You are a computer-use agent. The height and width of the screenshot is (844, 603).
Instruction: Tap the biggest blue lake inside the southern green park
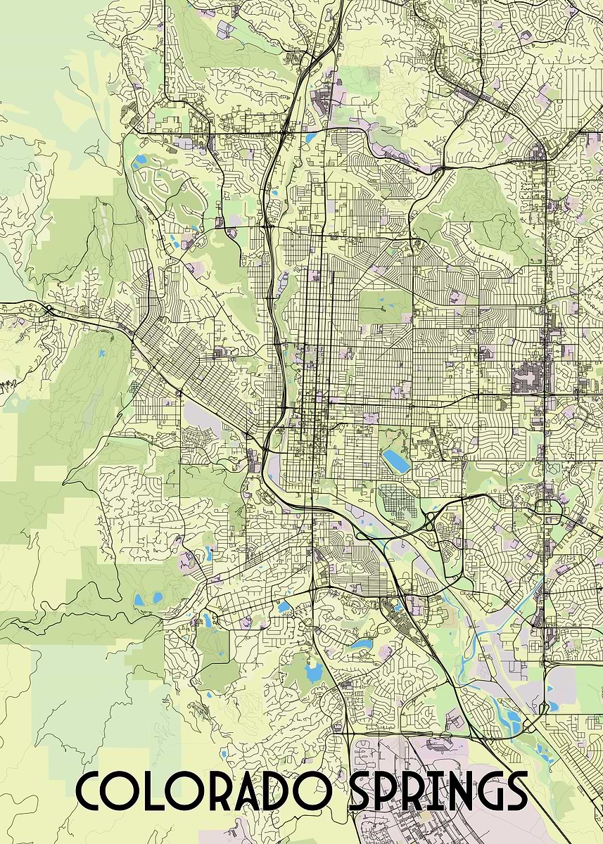click(312, 672)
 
